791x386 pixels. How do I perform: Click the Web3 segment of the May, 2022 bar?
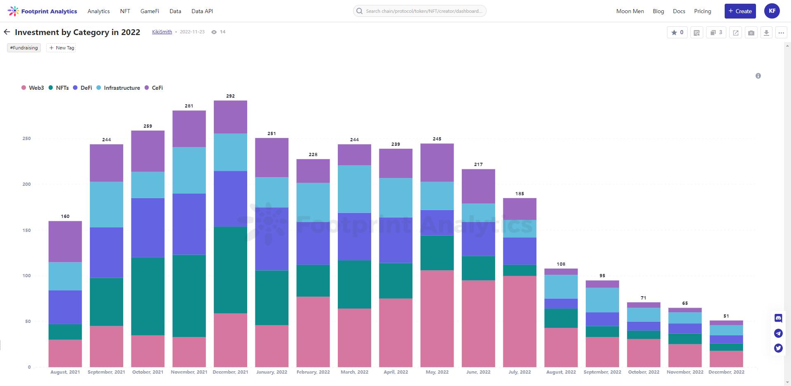pyautogui.click(x=437, y=318)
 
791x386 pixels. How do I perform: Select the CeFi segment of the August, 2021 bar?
pyautogui.click(x=65, y=242)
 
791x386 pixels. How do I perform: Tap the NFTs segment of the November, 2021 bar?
pyautogui.click(x=189, y=296)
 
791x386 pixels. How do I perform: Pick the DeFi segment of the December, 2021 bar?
pyautogui.click(x=230, y=199)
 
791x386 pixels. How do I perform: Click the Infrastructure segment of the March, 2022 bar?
pyautogui.click(x=354, y=189)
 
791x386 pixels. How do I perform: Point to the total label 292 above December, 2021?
pyautogui.click(x=230, y=96)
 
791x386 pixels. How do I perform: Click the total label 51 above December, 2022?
pyautogui.click(x=726, y=316)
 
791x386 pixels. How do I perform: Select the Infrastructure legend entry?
pyautogui.click(x=122, y=88)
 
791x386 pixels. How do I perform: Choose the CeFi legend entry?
pyautogui.click(x=157, y=88)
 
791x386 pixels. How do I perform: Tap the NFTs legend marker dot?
pyautogui.click(x=51, y=88)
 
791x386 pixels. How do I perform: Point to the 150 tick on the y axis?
pyautogui.click(x=27, y=230)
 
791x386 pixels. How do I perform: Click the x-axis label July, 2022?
pyautogui.click(x=520, y=372)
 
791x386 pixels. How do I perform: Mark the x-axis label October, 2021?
pyautogui.click(x=147, y=372)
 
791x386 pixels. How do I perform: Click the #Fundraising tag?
pyautogui.click(x=24, y=48)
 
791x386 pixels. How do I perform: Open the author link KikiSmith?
pyautogui.click(x=162, y=32)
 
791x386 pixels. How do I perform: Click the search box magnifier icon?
pyautogui.click(x=359, y=11)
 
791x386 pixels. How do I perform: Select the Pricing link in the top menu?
pyautogui.click(x=702, y=11)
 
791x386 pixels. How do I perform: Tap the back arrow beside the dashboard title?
pyautogui.click(x=7, y=32)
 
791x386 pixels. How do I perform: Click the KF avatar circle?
pyautogui.click(x=772, y=11)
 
